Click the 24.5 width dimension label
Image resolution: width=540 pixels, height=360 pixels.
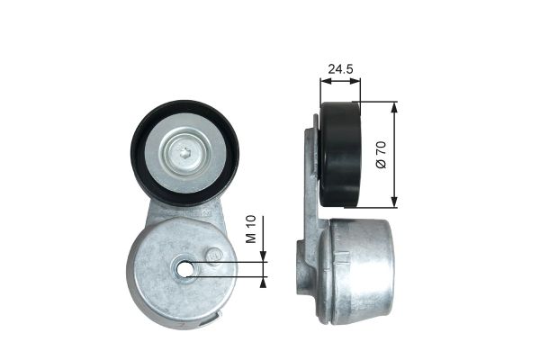point(339,67)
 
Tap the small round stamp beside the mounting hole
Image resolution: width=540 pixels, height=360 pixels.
point(214,256)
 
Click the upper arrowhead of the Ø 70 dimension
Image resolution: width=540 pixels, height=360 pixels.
point(395,107)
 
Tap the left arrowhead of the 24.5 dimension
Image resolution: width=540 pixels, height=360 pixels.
point(324,81)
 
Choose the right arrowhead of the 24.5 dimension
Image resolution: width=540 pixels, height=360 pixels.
point(356,81)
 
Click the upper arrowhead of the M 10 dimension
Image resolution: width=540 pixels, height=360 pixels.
point(263,256)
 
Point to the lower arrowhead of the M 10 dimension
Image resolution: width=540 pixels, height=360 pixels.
point(263,281)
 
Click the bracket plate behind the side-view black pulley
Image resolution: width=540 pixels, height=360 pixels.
point(310,171)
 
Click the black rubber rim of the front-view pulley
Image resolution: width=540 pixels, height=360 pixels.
point(141,153)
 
